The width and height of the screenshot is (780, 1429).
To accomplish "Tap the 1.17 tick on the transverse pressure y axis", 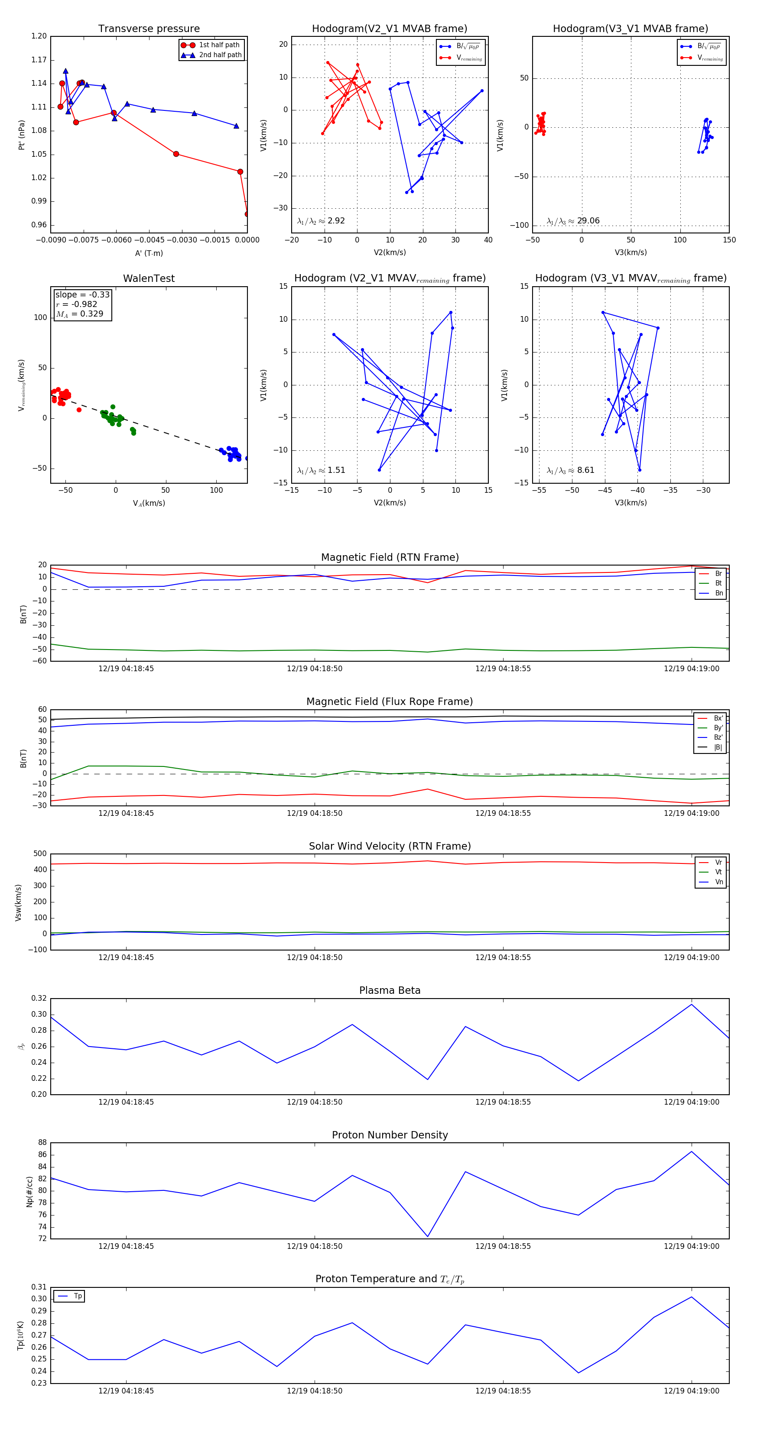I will coord(39,60).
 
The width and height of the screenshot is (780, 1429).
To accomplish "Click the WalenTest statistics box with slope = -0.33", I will coord(82,304).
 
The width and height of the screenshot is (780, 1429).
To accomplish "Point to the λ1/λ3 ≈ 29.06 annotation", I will coord(573,221).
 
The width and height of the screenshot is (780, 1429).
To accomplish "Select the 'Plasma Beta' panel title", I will coord(390,990).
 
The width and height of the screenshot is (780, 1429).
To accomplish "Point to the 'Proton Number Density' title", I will coord(390,1135).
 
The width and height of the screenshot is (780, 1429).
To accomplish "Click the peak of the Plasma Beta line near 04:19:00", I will coord(691,1005).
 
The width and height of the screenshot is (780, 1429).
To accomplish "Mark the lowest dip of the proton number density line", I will coord(427,1236).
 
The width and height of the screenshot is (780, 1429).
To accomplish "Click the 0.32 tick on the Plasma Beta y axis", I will coord(39,999).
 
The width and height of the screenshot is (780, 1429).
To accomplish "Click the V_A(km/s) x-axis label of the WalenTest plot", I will coord(149,503).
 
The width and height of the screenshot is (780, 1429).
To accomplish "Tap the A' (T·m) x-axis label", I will coord(149,253).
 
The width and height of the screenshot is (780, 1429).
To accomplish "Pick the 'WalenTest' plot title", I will coord(149,278).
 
